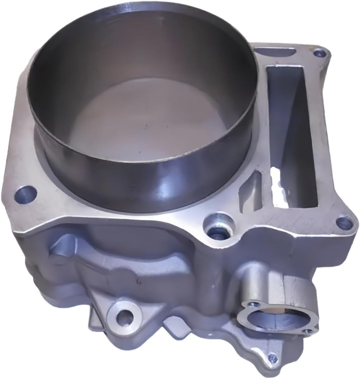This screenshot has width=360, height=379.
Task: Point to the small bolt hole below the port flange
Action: coord(273,358)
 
